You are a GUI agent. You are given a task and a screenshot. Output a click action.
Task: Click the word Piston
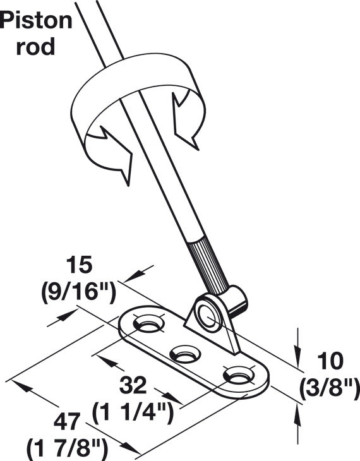click(36, 21)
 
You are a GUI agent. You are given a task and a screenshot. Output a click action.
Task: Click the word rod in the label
click(35, 47)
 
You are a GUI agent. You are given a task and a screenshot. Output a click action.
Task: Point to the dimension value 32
click(133, 385)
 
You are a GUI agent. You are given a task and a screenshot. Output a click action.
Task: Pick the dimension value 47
click(67, 421)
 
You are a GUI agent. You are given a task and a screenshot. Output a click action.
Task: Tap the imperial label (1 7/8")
click(67, 448)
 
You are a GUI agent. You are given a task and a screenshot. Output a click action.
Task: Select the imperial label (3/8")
click(330, 388)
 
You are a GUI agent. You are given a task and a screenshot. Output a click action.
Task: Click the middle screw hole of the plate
click(184, 354)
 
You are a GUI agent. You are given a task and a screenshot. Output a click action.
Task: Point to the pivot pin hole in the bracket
click(207, 316)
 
